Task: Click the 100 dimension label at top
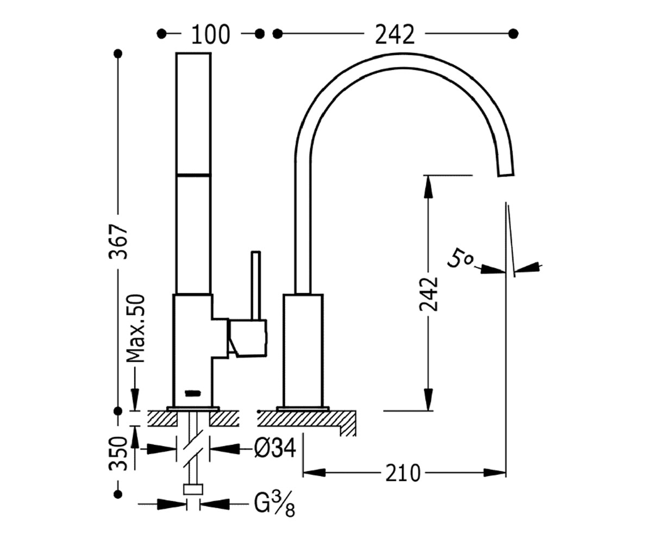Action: click(210, 34)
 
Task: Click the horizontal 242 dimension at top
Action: click(394, 34)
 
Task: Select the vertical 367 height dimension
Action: click(118, 241)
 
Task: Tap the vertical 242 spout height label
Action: click(429, 294)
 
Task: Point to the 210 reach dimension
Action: click(403, 473)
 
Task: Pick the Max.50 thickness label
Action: click(136, 328)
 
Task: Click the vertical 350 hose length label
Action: click(118, 453)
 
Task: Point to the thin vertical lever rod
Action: click(256, 286)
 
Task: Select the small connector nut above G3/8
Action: click(193, 489)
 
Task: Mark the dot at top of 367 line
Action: click(118, 54)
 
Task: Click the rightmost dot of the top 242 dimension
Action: click(513, 33)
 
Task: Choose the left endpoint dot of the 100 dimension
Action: click(161, 34)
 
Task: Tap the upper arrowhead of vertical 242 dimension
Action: click(428, 187)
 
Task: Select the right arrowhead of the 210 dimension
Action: click(494, 472)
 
